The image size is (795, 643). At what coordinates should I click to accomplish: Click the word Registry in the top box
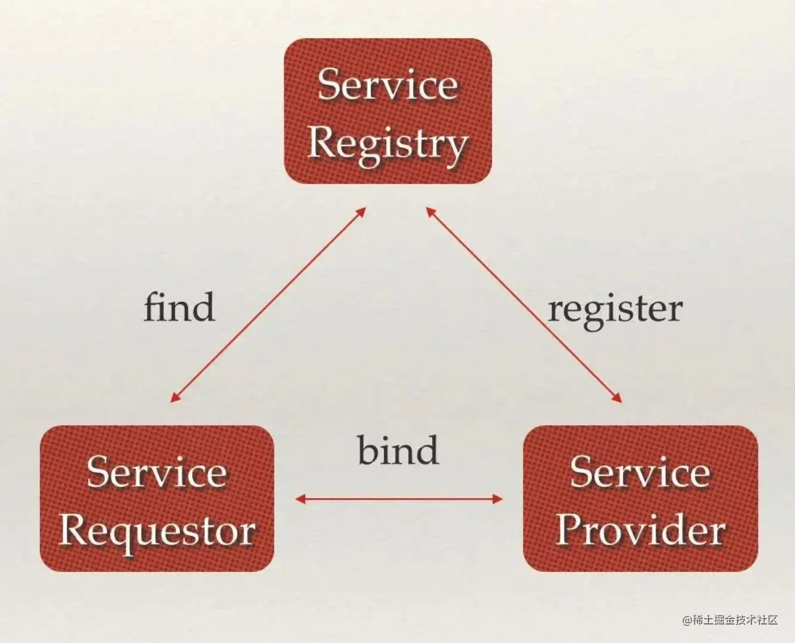pos(387,143)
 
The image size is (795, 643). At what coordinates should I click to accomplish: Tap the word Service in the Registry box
pos(387,85)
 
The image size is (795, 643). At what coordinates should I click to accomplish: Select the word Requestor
pos(157,531)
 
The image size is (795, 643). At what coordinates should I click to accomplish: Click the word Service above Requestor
pos(157,472)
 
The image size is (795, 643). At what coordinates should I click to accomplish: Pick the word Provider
pos(640,530)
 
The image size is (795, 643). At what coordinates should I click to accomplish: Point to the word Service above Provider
pos(640,472)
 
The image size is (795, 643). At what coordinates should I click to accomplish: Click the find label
pos(179,308)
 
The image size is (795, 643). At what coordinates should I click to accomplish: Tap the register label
pos(615,310)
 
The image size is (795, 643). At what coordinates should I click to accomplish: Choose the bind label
pos(398,450)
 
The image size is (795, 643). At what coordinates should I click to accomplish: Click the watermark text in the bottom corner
pos(731,620)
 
